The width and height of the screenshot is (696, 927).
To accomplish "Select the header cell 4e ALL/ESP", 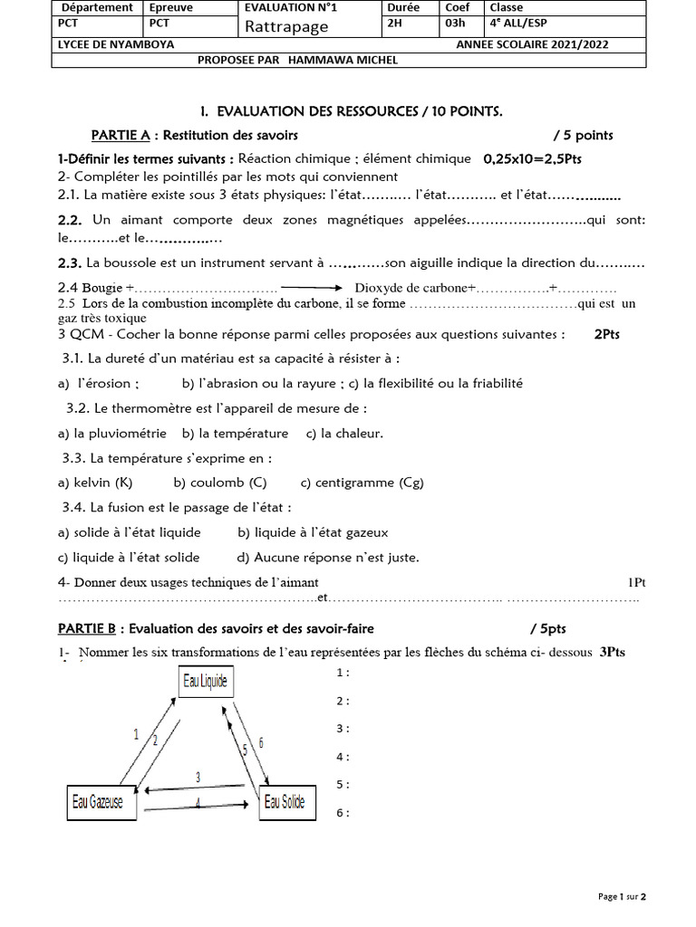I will point(519,24).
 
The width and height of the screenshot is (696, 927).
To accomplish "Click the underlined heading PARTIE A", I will point(121,136).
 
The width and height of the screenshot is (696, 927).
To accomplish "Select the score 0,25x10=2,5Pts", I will point(534,158).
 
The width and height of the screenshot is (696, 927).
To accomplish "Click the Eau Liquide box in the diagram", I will point(206,681).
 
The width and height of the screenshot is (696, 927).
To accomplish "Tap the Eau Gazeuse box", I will point(100,801).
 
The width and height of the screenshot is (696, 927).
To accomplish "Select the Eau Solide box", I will point(285,801).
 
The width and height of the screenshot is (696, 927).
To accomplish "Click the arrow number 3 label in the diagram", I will point(198,778).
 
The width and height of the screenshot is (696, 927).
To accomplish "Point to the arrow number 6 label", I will point(261,743).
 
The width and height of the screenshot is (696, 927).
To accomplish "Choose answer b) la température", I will point(235,434).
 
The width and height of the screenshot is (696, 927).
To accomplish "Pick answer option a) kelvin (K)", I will point(95,483).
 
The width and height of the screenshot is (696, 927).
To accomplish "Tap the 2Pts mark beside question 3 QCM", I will point(607,334).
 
